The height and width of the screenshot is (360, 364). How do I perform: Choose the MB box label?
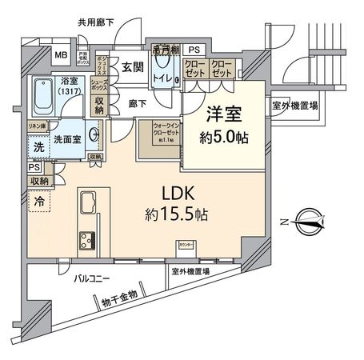pyautogui.click(x=61, y=55)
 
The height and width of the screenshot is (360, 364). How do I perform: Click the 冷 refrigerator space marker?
pyautogui.click(x=39, y=202)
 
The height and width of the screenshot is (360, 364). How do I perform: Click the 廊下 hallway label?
pyautogui.click(x=138, y=102)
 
